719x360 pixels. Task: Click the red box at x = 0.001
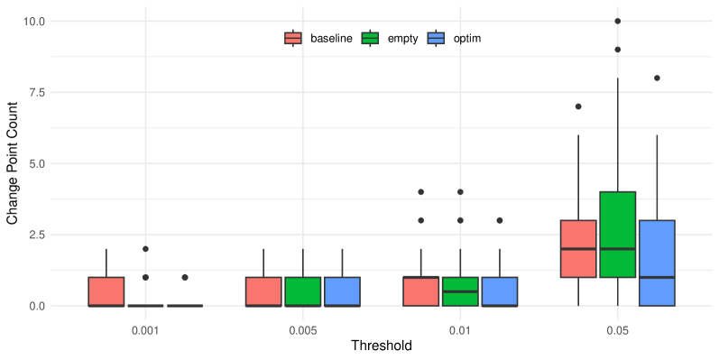106,291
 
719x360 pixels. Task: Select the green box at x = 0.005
303,291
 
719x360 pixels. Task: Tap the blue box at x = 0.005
342,291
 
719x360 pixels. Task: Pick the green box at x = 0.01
460,291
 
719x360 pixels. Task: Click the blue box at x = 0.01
500,291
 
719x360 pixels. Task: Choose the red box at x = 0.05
578,248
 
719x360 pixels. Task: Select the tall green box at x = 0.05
617,235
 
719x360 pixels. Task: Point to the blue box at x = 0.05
657,263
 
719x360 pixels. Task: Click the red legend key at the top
292,38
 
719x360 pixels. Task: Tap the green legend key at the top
370,38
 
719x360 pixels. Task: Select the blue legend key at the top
436,38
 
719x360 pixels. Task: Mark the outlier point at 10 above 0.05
617,21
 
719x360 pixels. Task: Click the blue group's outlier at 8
657,78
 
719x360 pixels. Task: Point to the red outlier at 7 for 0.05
578,106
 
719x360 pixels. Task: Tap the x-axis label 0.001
146,331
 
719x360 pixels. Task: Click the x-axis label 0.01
460,331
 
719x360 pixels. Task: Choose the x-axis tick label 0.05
617,331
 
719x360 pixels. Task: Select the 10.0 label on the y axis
33,21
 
